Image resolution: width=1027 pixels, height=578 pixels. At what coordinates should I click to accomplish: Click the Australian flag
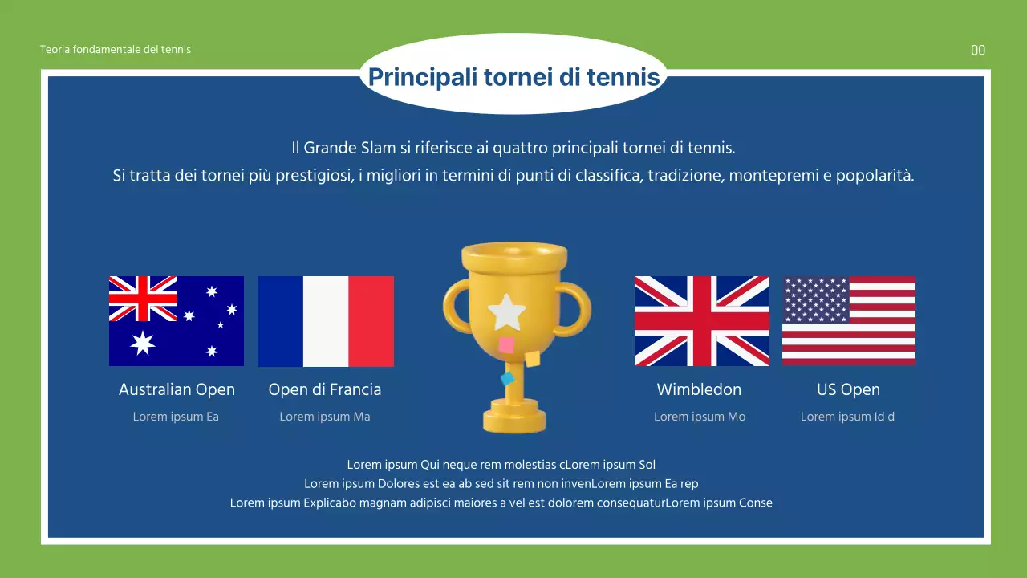[x=177, y=321]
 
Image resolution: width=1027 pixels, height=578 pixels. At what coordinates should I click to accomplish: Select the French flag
[x=326, y=321]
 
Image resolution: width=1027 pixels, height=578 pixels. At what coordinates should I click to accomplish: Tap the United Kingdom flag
[x=702, y=321]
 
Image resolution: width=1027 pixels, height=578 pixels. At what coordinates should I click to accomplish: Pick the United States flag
[x=849, y=321]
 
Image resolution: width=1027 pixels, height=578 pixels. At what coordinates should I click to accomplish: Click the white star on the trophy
[x=507, y=312]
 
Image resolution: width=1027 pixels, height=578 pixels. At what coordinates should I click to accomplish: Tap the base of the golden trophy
[x=514, y=421]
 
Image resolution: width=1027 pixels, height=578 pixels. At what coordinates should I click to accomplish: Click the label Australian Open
[x=177, y=389]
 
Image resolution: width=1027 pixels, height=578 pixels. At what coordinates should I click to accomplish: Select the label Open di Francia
[x=325, y=389]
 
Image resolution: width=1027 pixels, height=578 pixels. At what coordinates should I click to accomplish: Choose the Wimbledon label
[x=699, y=389]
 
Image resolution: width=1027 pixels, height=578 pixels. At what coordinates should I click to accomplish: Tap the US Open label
[x=848, y=389]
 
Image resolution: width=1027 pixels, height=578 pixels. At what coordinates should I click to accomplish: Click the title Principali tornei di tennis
[x=513, y=77]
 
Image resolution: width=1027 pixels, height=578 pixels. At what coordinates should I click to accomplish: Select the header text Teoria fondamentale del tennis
[x=116, y=49]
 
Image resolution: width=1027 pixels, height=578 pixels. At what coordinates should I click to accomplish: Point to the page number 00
[x=978, y=51]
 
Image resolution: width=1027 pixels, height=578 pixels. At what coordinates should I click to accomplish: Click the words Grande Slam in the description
[x=349, y=148]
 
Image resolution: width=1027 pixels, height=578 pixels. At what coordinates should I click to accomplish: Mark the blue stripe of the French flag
[x=280, y=321]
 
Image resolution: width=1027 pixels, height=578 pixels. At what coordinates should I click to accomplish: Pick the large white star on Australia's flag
[x=143, y=343]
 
